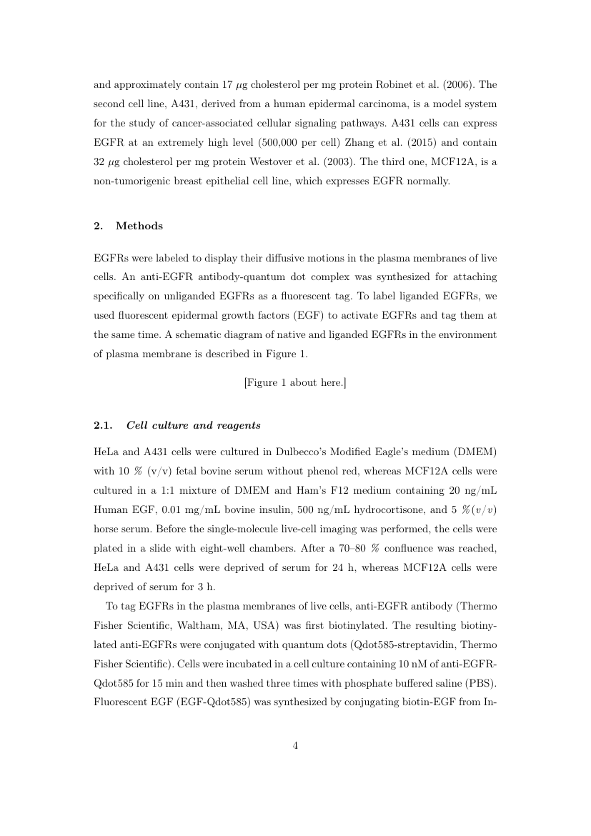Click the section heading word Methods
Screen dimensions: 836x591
pos(139,226)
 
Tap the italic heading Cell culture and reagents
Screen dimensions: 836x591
pos(193,425)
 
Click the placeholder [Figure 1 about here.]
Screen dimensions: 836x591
pos(295,382)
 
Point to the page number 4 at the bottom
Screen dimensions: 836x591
pos(295,745)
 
